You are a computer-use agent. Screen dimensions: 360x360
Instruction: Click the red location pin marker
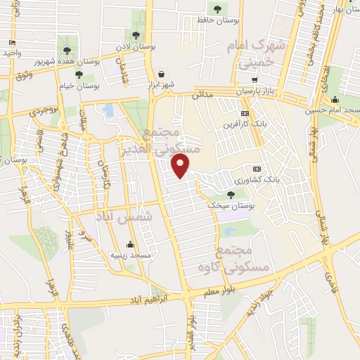pos(181,166)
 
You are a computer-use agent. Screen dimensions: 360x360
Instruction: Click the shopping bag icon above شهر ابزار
pos(161,74)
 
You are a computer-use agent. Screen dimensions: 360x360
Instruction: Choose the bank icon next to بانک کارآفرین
pos(244,114)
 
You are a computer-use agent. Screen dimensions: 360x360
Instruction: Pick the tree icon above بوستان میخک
pos(231,194)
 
